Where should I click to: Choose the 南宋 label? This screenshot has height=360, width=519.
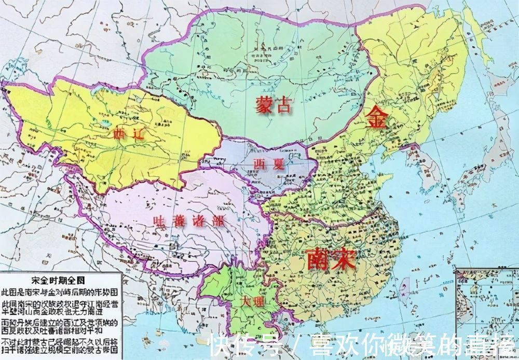[331, 258]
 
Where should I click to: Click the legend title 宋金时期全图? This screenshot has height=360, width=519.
[62, 280]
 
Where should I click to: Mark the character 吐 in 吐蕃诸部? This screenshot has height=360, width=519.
[160, 220]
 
